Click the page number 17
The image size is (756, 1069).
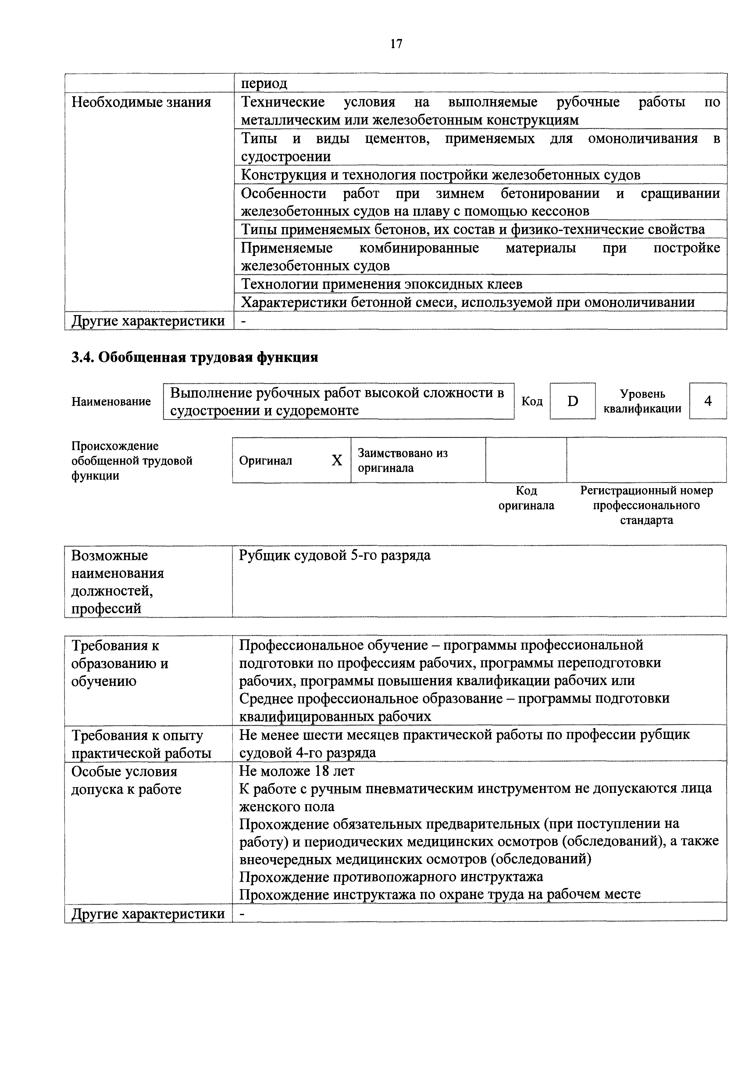[x=396, y=44]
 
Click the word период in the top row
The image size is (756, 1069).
[x=264, y=84]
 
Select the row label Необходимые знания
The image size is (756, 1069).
[x=141, y=102]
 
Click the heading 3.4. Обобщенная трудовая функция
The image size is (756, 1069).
[x=195, y=357]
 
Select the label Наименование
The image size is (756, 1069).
[x=111, y=401]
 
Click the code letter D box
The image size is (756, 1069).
[x=572, y=401]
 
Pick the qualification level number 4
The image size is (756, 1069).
[x=708, y=401]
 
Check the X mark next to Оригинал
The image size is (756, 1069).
[x=336, y=460]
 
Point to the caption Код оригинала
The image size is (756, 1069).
[x=526, y=498]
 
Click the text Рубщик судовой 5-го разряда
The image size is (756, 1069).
[x=334, y=556]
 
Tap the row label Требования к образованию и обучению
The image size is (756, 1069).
[x=120, y=663]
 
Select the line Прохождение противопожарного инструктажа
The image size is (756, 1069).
[x=391, y=877]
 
